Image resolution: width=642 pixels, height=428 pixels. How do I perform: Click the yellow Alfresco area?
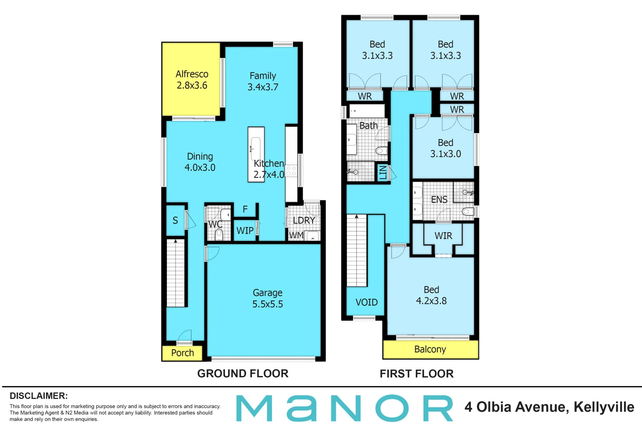(191, 79)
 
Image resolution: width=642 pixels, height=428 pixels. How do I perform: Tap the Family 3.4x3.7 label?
(263, 81)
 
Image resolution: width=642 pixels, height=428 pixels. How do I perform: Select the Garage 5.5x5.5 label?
(267, 298)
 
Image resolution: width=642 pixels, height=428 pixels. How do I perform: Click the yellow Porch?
(182, 353)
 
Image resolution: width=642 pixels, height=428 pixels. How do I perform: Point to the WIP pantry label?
(245, 231)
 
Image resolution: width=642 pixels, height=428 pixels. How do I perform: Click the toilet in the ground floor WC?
(219, 235)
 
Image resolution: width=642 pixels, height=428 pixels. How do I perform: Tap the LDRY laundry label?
(304, 220)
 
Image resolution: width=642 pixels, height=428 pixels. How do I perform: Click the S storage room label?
(175, 220)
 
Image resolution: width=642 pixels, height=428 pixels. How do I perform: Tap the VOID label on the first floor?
(366, 302)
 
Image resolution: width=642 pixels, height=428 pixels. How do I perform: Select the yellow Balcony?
(430, 349)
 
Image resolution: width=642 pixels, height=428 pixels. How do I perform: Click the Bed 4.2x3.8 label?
(431, 295)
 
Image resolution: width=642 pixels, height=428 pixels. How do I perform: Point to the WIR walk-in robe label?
(443, 236)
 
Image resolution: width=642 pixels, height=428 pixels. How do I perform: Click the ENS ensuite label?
(439, 200)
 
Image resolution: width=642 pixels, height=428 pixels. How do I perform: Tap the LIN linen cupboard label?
(382, 172)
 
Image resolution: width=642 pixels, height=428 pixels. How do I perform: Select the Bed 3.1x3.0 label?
(445, 148)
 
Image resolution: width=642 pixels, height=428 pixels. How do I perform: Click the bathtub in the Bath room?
(367, 111)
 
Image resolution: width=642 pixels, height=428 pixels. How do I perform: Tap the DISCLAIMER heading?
(38, 396)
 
